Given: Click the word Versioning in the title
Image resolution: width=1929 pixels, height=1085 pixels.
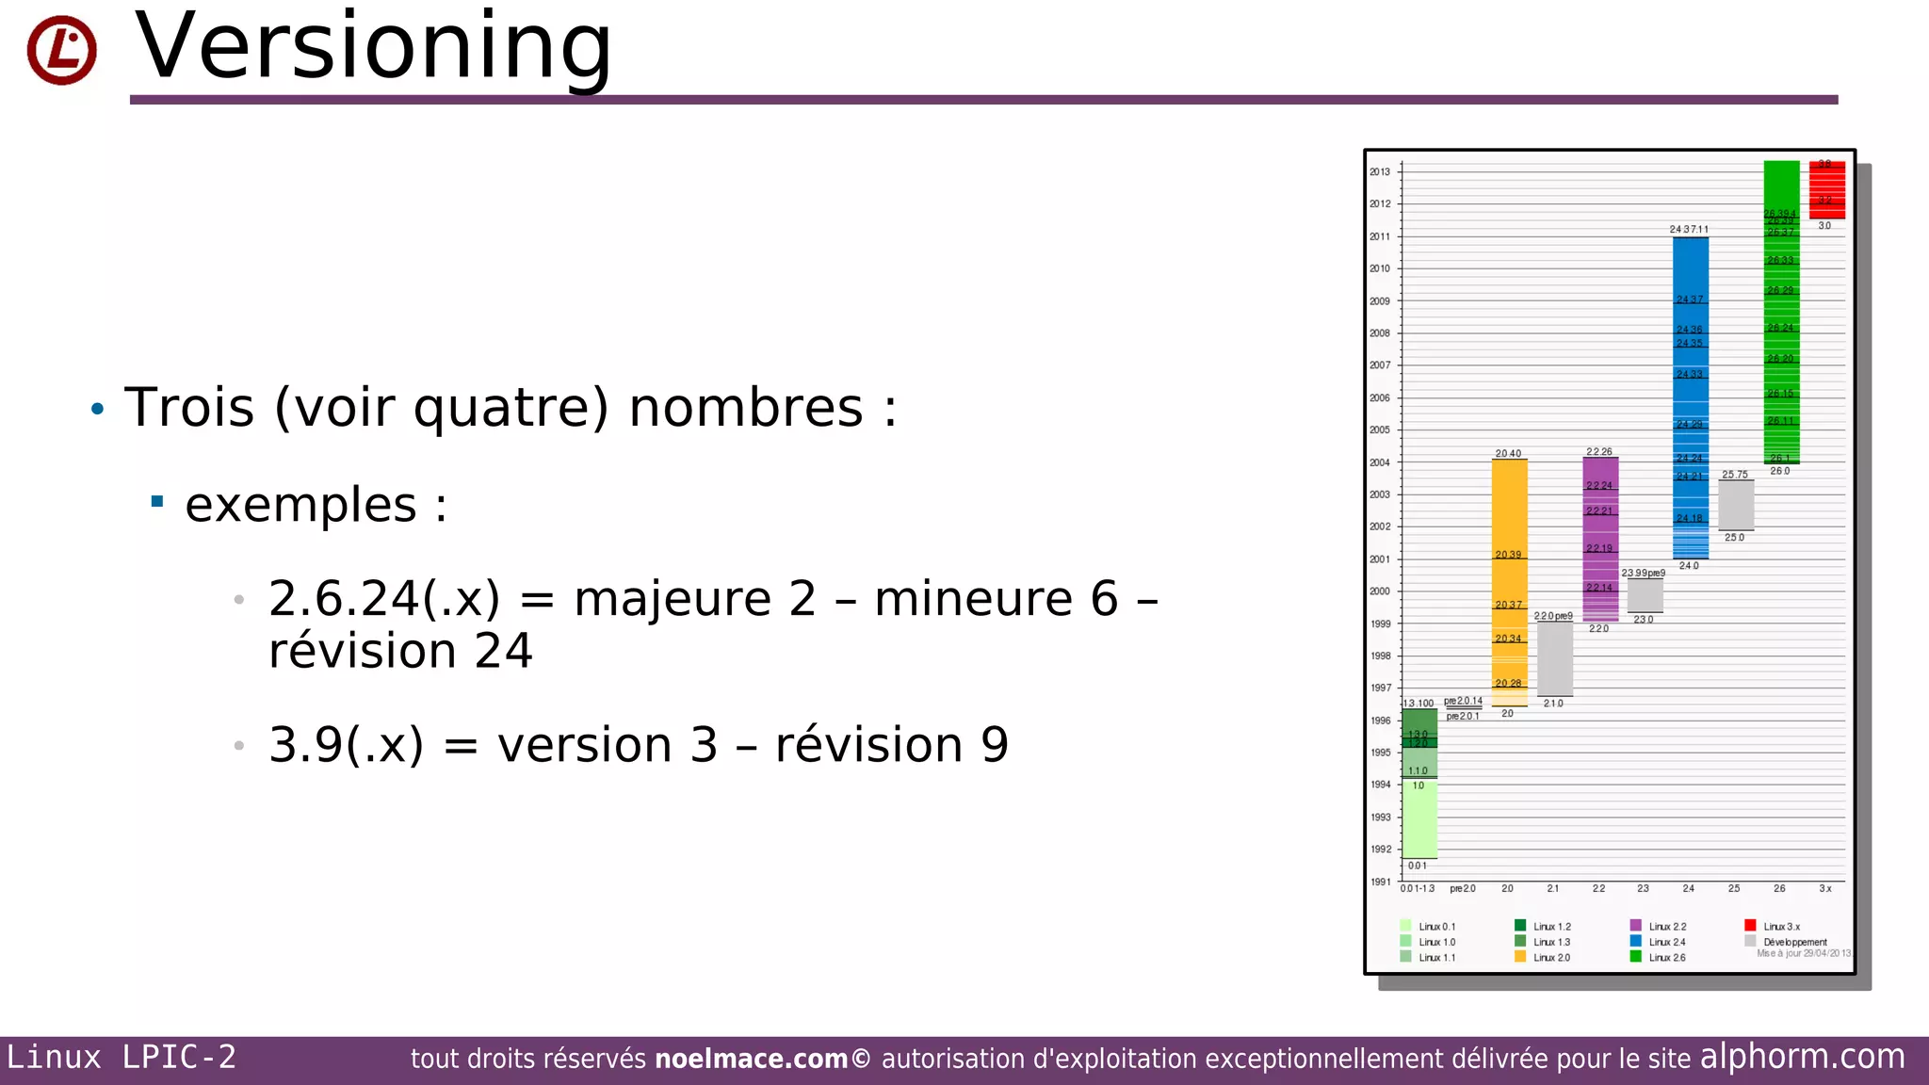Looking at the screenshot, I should (x=374, y=47).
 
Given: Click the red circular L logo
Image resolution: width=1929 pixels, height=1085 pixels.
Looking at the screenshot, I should (x=61, y=50).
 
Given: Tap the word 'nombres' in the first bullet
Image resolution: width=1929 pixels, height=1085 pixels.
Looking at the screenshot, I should (x=745, y=408).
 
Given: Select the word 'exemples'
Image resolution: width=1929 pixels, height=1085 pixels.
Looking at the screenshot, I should (x=300, y=505).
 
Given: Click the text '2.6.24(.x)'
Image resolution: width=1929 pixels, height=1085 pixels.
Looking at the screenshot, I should (x=383, y=599).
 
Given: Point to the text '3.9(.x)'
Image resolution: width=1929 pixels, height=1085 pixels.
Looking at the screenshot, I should (x=346, y=745).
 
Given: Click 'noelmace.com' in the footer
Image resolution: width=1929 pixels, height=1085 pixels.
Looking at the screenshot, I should (x=751, y=1060).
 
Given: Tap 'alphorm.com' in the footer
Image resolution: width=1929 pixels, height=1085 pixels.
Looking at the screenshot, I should (x=1802, y=1057).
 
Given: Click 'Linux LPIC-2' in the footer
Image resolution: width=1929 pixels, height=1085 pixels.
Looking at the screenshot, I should (x=122, y=1058).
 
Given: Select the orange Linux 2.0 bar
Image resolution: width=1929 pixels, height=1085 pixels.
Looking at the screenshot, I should (x=1509, y=584).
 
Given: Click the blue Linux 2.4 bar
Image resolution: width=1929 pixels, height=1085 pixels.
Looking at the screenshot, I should (x=1690, y=396).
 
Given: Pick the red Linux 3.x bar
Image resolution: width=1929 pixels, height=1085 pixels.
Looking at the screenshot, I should (x=1826, y=189).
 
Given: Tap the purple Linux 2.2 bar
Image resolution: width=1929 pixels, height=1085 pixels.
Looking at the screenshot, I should (x=1599, y=537).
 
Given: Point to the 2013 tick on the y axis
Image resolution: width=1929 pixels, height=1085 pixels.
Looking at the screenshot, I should (x=1380, y=172).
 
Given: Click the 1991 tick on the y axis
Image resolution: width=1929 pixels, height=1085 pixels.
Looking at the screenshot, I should (x=1380, y=883).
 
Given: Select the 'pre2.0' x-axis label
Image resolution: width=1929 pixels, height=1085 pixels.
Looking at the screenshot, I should (x=1462, y=889).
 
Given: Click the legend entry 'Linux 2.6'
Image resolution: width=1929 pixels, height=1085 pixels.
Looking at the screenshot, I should (x=1666, y=958).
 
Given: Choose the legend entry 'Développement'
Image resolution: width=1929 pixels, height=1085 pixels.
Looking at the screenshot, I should (x=1794, y=942).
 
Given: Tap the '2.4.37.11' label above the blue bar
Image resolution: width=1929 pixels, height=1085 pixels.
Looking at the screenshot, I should (x=1688, y=230).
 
